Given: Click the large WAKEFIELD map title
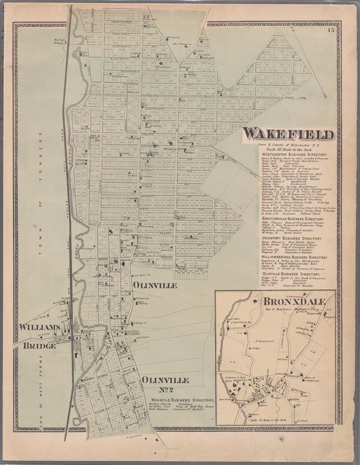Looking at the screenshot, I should pos(288,134).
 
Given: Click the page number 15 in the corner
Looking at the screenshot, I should pos(331,29).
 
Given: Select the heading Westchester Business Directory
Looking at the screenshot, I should pos(288,154).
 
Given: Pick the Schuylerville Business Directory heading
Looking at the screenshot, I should pos(288,217).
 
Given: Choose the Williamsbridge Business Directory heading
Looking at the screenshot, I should pos(288,258).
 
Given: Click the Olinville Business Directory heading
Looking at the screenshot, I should pos(288,275).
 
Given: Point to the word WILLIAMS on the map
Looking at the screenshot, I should pos(39,327).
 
